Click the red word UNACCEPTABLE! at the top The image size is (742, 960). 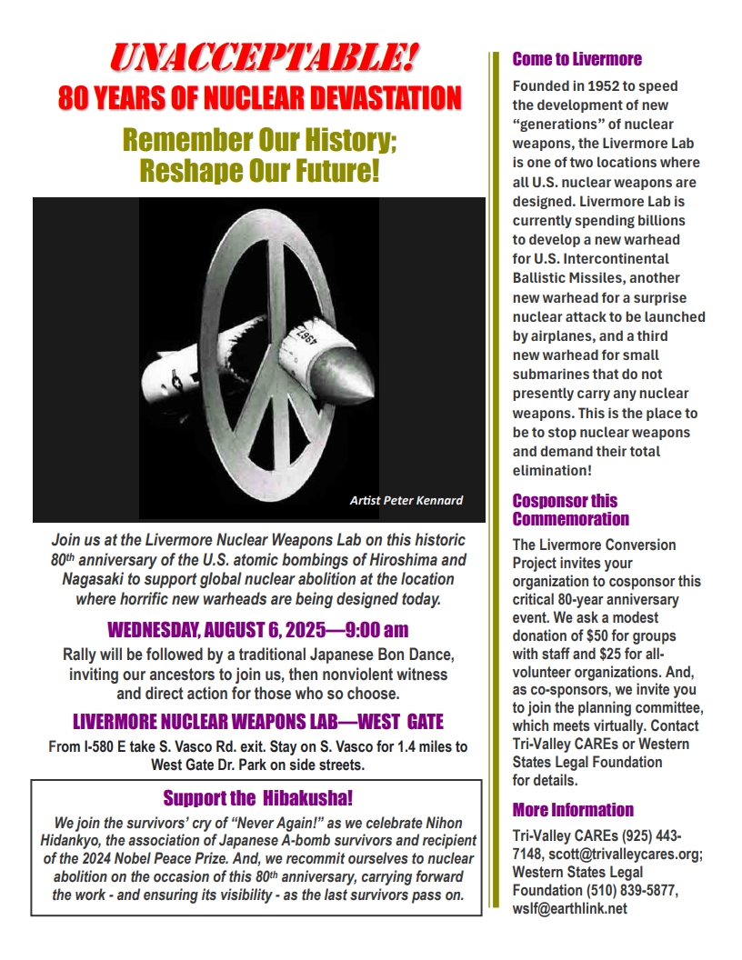pos(264,59)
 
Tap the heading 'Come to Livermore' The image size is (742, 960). pos(577,60)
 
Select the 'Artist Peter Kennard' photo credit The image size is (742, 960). pos(406,500)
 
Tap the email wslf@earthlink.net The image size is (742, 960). pos(570,908)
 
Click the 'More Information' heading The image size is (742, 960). pos(573,810)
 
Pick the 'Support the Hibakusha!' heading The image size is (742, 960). pos(257,798)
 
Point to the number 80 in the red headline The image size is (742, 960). pos(76,98)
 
